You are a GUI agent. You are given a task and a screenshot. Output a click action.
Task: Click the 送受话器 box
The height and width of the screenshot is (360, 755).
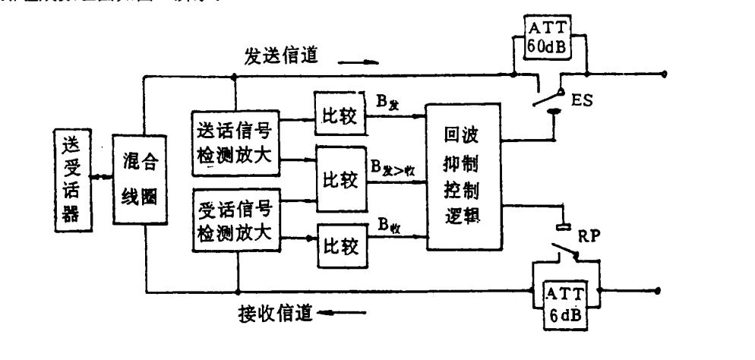pyautogui.click(x=71, y=179)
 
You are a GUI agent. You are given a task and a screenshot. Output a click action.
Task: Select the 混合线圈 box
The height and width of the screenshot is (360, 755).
pyautogui.click(x=141, y=179)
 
